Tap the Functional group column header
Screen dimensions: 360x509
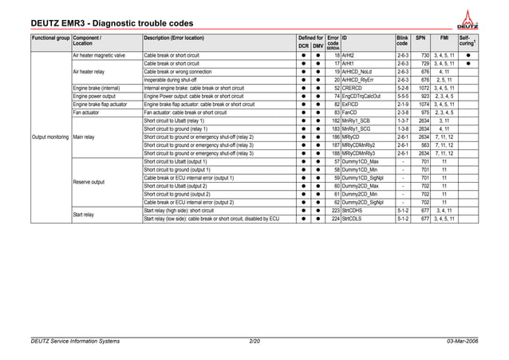click(49, 38)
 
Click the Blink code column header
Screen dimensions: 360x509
click(402, 41)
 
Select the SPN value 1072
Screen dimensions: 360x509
click(423, 88)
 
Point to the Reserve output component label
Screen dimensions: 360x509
click(89, 182)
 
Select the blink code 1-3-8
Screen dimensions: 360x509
click(403, 129)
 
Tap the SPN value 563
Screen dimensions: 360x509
click(424, 145)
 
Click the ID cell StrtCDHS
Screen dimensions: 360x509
click(355, 211)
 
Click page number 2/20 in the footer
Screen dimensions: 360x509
click(254, 342)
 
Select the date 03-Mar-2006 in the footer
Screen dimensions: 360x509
click(463, 342)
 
